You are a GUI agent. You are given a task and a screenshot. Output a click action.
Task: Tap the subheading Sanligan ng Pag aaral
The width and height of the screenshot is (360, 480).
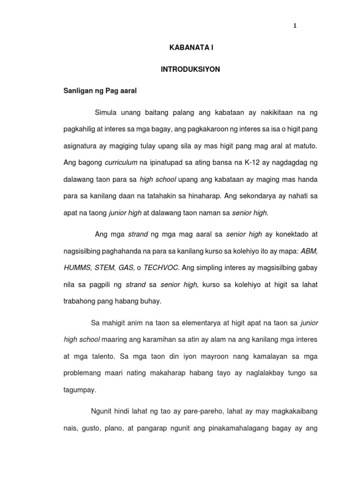100,91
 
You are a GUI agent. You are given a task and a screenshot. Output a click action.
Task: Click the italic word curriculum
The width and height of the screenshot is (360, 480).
121,162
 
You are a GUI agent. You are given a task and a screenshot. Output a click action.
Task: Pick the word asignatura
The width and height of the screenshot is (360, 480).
81,146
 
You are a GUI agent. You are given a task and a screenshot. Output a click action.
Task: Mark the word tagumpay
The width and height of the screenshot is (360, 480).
78,389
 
